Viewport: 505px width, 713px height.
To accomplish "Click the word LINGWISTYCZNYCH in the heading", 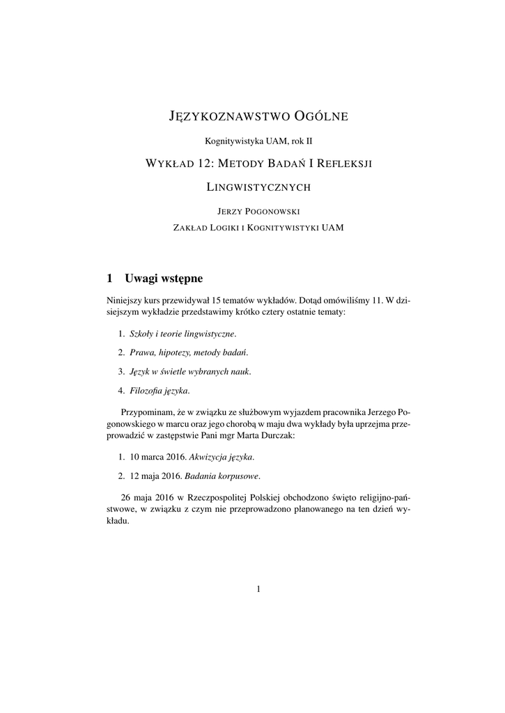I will [x=258, y=187].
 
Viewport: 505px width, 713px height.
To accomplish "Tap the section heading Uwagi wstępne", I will [x=164, y=279].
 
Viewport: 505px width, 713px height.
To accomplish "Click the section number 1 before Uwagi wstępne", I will [x=109, y=279].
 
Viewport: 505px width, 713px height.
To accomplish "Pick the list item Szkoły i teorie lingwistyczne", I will [x=183, y=334].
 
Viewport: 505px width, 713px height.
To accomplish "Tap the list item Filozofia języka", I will [x=159, y=390].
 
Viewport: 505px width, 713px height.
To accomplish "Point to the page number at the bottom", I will [x=258, y=589].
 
